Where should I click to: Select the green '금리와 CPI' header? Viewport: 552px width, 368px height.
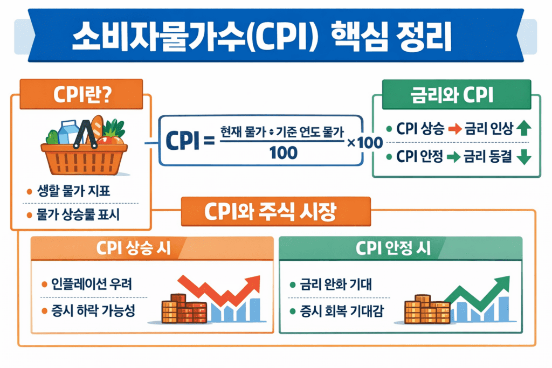[x=457, y=96]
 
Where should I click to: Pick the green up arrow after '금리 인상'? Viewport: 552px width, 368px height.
[x=523, y=129]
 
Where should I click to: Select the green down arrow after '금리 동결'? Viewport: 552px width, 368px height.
[x=523, y=157]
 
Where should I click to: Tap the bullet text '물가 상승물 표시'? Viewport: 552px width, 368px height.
[x=78, y=216]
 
